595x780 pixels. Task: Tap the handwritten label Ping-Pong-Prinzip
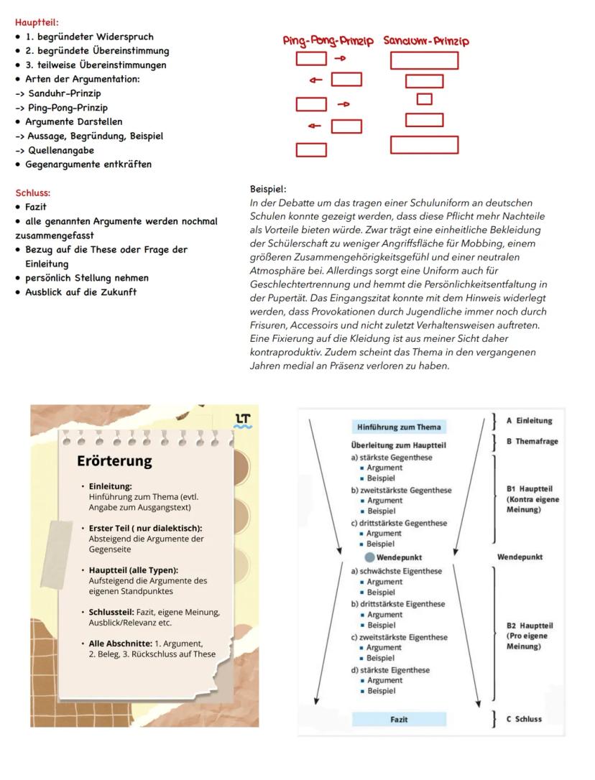(328, 41)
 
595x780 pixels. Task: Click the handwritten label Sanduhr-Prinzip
(426, 41)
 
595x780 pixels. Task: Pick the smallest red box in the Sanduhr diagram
(424, 99)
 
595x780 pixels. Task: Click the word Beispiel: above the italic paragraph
(268, 189)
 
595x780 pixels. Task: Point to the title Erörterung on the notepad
(114, 461)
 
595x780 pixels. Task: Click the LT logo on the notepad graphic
(244, 421)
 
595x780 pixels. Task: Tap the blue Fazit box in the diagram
(399, 719)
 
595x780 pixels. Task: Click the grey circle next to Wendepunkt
(369, 557)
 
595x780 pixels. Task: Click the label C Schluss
(524, 719)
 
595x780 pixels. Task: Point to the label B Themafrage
(532, 441)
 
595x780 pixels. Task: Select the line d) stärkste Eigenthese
(390, 670)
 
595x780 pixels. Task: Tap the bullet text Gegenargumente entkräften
(88, 164)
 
